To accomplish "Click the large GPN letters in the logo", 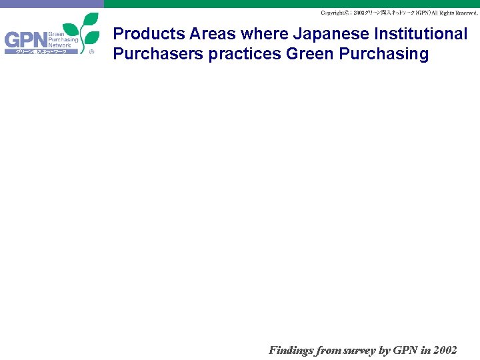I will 25,41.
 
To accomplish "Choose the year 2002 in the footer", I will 444,350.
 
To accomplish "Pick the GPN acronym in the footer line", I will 405,350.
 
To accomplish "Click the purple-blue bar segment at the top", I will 52,3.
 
